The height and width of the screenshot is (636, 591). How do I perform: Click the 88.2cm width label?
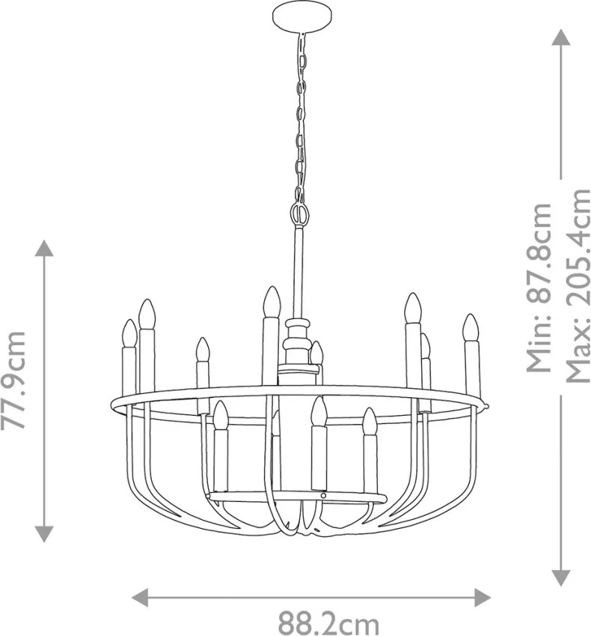pos(328,623)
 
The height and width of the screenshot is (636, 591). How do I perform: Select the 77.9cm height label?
pos(13,380)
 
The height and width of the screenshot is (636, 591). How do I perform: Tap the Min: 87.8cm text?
pos(539,287)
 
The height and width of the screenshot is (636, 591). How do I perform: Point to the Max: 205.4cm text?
pos(578,286)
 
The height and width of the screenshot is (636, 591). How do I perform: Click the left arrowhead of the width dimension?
pos(139,598)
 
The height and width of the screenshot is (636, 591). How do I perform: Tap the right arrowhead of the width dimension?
pos(483,598)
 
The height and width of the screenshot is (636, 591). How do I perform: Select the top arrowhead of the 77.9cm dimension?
pos(43,248)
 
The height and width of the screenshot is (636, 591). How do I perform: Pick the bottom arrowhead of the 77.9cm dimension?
pos(43,534)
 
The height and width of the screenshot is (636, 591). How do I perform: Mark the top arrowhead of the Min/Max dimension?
pos(561,37)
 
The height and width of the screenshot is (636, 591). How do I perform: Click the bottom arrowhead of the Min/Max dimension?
pos(561,578)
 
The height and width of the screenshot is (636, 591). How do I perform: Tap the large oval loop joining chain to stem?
pos(300,213)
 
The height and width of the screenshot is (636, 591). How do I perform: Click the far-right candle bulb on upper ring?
pos(471,327)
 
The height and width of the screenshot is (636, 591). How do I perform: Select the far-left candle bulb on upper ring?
pos(129,333)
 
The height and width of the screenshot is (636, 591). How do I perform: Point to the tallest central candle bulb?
pos(272,302)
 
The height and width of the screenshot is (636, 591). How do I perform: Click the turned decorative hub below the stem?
pos(298,345)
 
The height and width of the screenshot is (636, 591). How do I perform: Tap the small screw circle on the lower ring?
pos(323,495)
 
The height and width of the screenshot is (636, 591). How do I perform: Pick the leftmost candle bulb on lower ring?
pos(221,415)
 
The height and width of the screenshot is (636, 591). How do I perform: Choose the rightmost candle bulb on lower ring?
pos(370,422)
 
